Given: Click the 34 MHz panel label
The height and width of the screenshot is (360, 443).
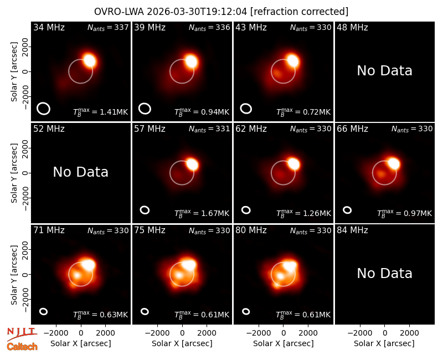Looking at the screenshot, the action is [x=49, y=27].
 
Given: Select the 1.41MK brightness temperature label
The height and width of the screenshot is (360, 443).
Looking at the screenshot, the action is [x=101, y=112].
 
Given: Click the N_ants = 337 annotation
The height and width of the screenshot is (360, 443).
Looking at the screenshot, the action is [x=108, y=27].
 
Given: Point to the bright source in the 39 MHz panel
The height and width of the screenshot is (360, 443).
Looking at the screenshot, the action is [x=191, y=61].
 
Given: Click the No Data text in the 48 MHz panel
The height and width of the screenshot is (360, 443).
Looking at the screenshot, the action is [x=384, y=71].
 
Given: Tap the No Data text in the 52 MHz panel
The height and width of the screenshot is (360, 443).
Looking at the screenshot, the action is [x=80, y=172].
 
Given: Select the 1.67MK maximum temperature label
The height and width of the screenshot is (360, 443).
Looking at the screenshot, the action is [x=202, y=213].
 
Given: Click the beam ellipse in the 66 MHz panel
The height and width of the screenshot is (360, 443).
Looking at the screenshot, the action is [x=344, y=210].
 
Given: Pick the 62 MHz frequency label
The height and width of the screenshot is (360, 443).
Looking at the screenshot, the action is [x=251, y=129].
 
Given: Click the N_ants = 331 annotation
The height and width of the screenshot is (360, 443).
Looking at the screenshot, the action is [x=209, y=129].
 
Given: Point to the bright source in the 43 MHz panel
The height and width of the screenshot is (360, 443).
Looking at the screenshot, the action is [x=293, y=61].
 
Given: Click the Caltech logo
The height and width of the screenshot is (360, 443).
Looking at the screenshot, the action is [x=22, y=347].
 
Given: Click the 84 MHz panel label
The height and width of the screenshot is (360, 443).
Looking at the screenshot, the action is [x=352, y=230].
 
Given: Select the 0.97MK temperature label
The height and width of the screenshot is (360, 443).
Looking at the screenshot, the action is [x=405, y=213].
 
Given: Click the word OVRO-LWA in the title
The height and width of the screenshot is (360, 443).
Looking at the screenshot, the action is [x=119, y=12].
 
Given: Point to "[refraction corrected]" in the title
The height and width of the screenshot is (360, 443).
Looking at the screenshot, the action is [x=299, y=12].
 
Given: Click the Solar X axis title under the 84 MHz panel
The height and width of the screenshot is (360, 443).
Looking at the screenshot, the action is [x=384, y=343].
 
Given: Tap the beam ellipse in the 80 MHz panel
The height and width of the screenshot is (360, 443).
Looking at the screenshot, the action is [x=243, y=311].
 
